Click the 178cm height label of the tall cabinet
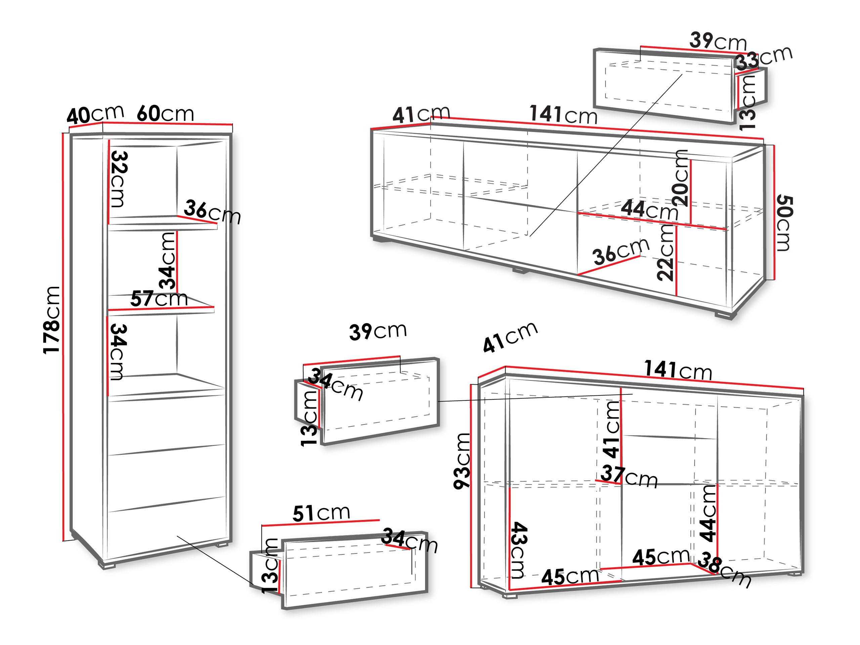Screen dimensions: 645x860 tap(51, 320)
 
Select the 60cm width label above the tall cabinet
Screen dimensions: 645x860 tap(165, 114)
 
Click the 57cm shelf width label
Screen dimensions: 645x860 tap(159, 299)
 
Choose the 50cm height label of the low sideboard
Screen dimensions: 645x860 tap(784, 223)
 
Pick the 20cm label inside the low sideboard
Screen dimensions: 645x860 tap(680, 178)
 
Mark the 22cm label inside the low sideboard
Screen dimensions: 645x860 tap(665, 253)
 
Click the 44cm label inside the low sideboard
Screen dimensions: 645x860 tap(649, 210)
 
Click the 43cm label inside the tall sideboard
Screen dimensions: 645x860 tap(519, 550)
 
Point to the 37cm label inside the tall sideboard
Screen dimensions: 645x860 tap(629, 476)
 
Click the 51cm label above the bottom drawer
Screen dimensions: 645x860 tap(321, 513)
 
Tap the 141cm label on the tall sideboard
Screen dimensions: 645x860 tap(678, 370)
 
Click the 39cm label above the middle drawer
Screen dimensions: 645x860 tap(378, 331)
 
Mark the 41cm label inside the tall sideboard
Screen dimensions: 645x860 tap(611, 429)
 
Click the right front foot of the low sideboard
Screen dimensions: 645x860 tap(723, 314)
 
